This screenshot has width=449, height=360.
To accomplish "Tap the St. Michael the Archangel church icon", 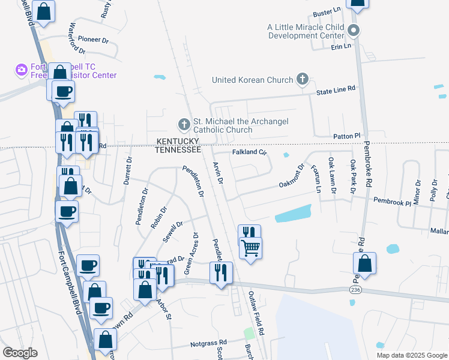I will (x=184, y=125).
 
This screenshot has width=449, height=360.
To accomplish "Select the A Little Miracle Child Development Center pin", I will (x=354, y=31).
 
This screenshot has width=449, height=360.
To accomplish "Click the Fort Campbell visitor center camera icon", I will (x=22, y=70).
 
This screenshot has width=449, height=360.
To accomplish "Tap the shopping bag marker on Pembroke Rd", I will (x=364, y=263).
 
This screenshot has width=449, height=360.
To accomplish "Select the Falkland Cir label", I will (x=249, y=152).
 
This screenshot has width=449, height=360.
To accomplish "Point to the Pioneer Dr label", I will (x=92, y=40).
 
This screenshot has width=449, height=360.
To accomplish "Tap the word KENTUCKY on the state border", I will (x=177, y=141).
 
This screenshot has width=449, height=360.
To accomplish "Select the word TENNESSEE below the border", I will (x=178, y=149).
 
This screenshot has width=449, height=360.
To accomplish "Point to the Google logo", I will (x=20, y=353).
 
